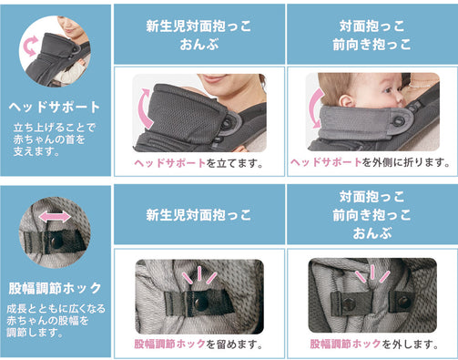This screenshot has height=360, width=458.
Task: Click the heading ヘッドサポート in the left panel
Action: tap(55, 107)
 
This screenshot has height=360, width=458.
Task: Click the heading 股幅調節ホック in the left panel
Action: tap(55, 288)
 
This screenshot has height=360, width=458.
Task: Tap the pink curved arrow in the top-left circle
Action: tap(30, 46)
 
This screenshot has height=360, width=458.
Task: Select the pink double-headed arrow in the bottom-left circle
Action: tap(55, 217)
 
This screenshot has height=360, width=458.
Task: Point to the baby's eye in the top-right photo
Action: tap(388, 90)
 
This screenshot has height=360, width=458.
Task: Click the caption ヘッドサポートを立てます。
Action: tap(198, 163)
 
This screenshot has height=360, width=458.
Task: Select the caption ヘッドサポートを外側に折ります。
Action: tap(371, 162)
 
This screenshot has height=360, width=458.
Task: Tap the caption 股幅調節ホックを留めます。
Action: tap(198, 345)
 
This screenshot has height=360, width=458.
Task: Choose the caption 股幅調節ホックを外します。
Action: tap(374, 345)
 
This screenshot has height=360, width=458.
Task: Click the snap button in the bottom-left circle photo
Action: tap(56, 242)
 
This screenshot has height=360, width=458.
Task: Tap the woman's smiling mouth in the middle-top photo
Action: tap(214, 79)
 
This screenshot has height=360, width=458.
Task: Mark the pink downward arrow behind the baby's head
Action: tap(315, 108)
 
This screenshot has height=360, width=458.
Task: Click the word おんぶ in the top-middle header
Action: tap(199, 45)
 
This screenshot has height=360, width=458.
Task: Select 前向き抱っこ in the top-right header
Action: tap(371, 45)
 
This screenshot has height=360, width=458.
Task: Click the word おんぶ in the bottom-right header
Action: tap(372, 233)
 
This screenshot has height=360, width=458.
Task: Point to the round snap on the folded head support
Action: tap(398, 120)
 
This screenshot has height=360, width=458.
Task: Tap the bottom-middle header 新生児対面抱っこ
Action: tap(198, 215)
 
